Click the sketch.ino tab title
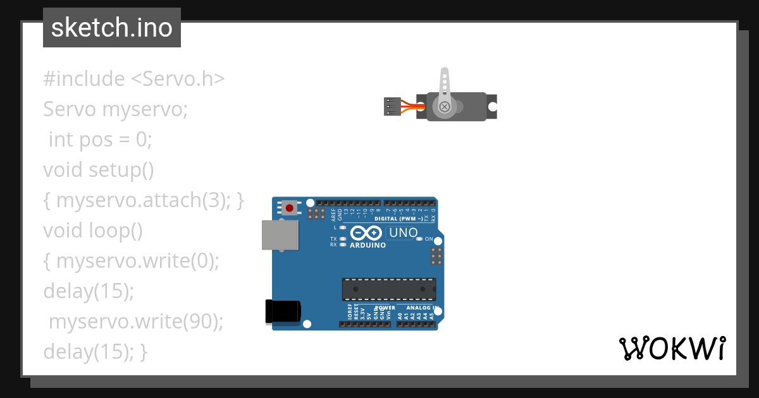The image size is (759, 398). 112,28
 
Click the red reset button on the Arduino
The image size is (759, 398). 290,207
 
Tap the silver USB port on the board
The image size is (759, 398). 280,234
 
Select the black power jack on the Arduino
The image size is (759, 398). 282,311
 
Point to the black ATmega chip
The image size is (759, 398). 389,289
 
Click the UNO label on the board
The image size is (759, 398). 403,232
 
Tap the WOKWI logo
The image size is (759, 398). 672,348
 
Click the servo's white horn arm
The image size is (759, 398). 445,85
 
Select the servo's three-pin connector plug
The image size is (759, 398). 393,107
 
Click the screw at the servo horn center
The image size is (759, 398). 445,107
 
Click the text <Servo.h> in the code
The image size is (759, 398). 178,79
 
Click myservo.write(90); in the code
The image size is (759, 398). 137,322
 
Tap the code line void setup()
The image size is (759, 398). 99,170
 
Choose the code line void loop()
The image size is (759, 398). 93,231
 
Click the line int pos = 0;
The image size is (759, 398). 101,140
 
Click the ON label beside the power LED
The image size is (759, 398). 429,239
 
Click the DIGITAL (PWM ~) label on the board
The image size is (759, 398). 398,219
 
